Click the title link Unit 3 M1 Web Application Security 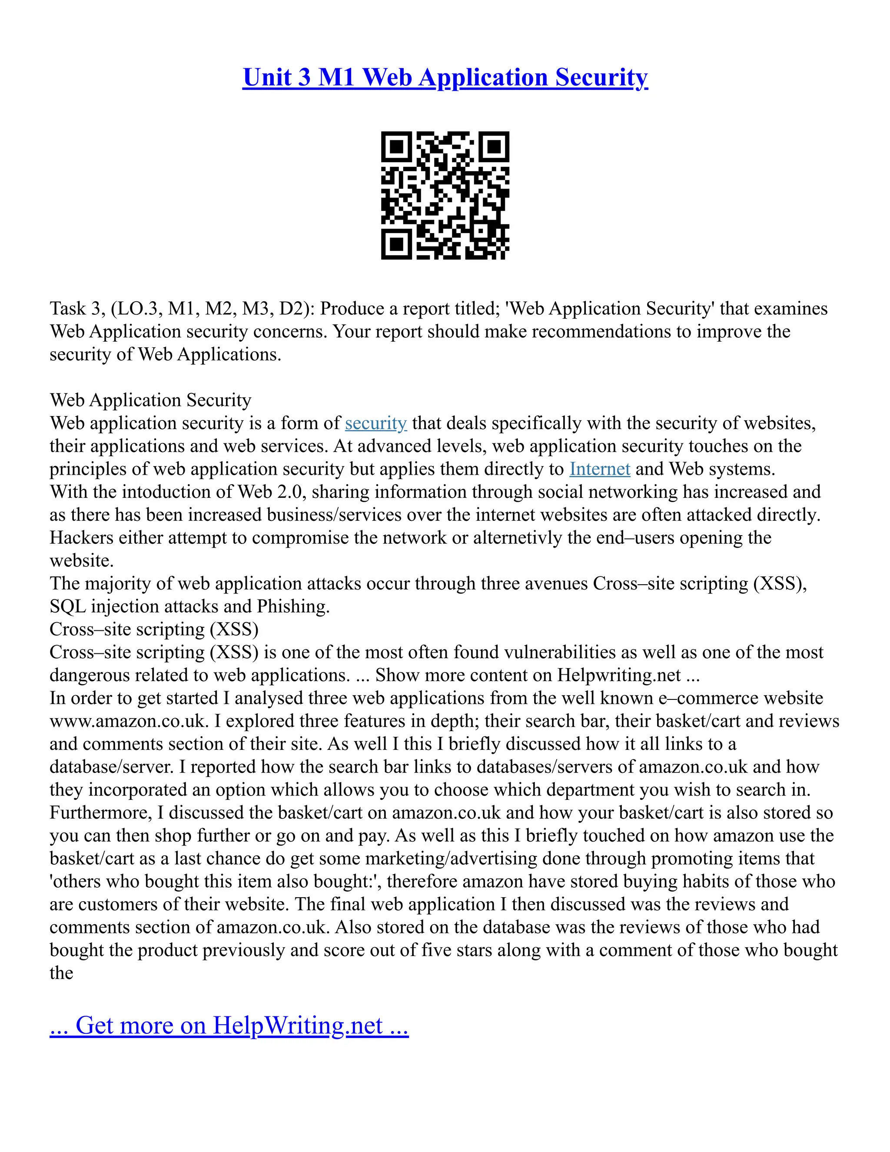click(x=445, y=77)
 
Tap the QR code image click(x=445, y=195)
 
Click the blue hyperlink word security click(x=376, y=423)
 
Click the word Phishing click(x=292, y=606)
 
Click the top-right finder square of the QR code click(x=494, y=146)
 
